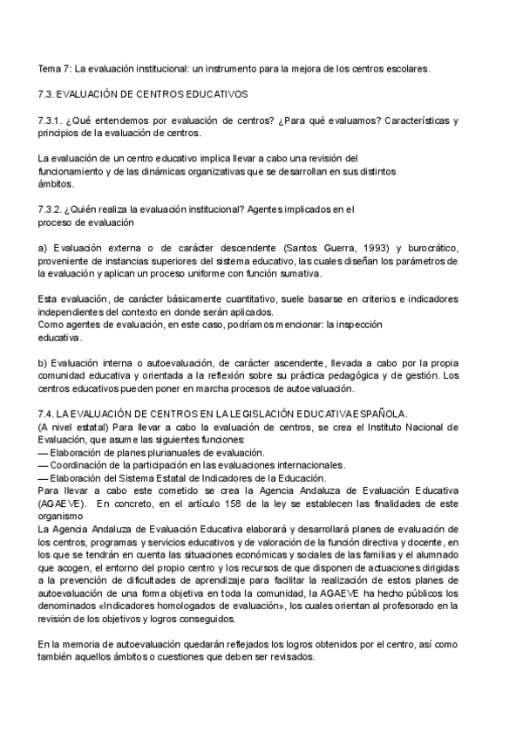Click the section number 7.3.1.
pos(52,119)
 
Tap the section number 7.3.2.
pos(52,209)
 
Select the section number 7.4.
pos(47,412)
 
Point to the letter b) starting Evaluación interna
pos(44,363)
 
